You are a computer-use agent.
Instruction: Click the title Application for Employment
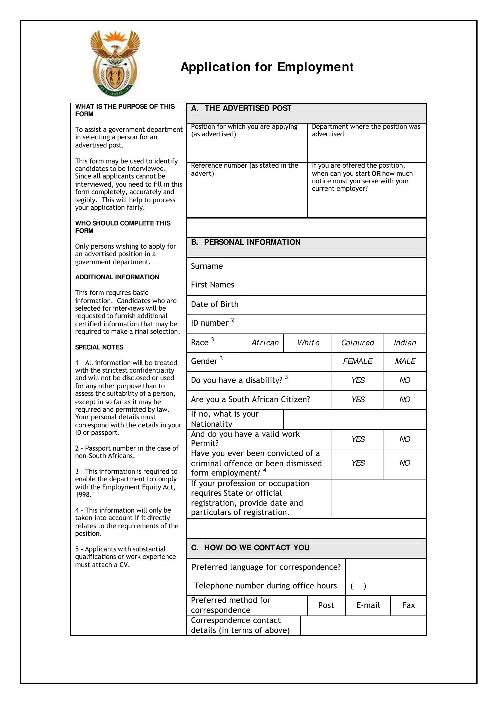point(267,67)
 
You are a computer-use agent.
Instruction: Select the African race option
point(265,343)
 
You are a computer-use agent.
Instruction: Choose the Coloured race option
point(357,343)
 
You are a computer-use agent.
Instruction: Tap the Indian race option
point(404,343)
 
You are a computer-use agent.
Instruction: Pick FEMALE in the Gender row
point(357,361)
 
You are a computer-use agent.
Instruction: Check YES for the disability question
point(358,380)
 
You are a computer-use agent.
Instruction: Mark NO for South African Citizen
point(404,400)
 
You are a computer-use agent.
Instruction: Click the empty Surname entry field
point(336,266)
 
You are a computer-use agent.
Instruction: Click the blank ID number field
point(336,324)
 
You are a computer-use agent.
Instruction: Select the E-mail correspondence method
point(368,606)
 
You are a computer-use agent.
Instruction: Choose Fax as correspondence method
point(408,606)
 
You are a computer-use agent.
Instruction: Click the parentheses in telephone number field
point(358,586)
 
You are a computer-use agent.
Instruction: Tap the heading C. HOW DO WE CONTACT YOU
point(250,547)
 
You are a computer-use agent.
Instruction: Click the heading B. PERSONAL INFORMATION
point(246,242)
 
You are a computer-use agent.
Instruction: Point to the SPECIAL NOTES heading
point(99,347)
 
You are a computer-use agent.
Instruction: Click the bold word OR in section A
point(376,173)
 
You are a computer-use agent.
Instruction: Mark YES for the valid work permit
point(358,439)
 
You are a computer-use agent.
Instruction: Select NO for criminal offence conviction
point(404,463)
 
